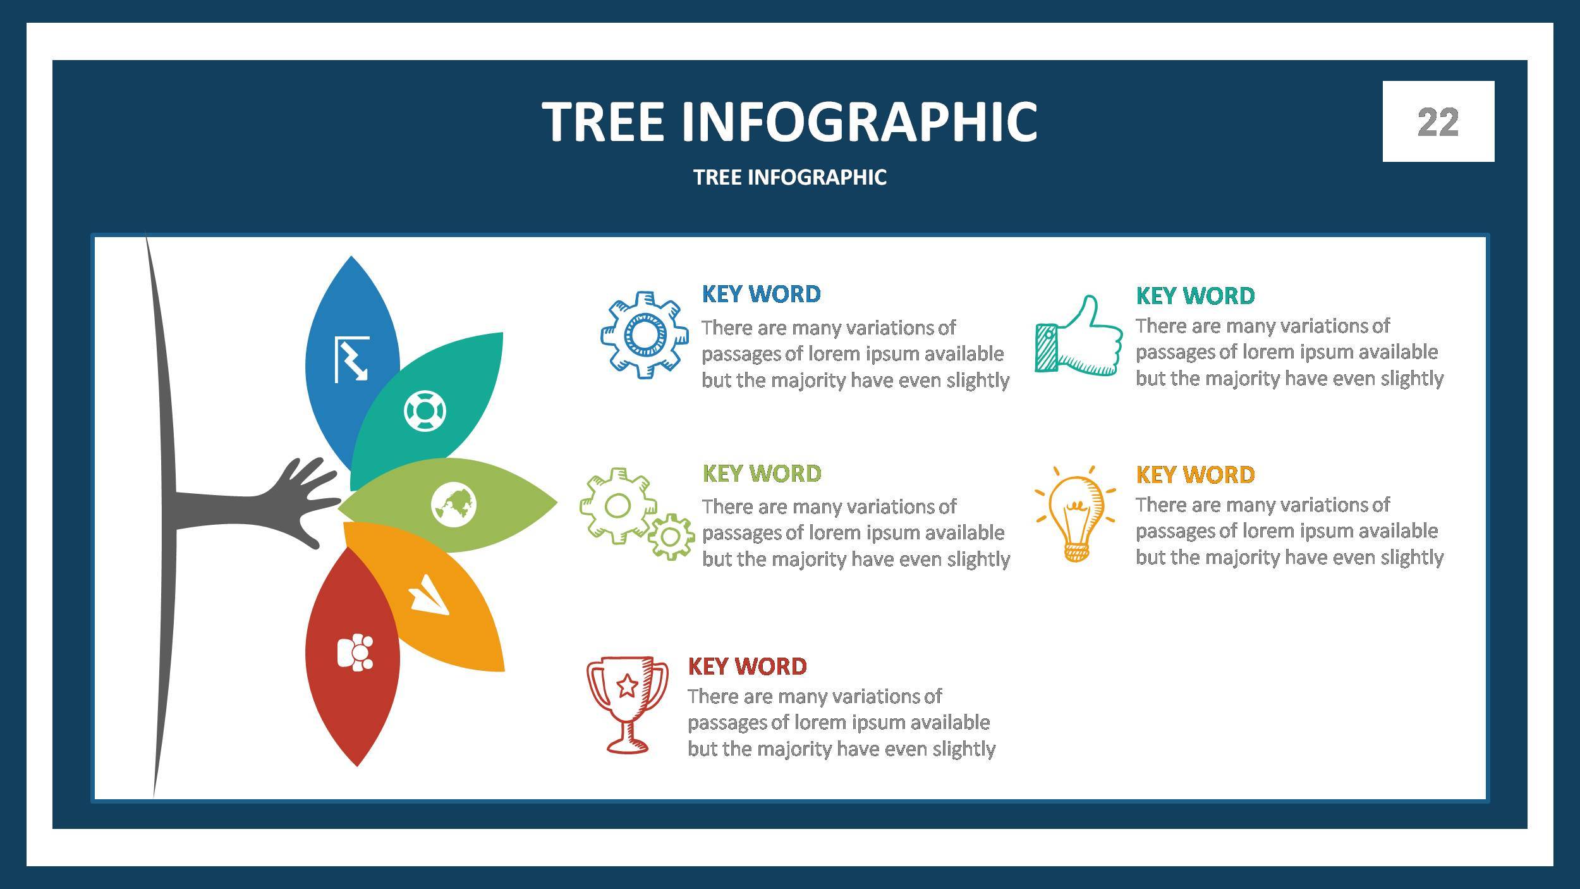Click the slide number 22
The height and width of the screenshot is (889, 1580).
point(1438,122)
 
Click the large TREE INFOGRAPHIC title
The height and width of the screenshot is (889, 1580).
point(789,121)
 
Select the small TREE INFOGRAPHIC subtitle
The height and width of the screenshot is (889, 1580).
point(789,177)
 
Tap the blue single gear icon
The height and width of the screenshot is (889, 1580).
point(644,334)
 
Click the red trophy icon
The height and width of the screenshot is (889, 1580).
point(626,704)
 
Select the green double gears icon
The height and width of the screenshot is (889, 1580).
point(635,513)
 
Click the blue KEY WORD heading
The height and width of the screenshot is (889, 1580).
point(761,294)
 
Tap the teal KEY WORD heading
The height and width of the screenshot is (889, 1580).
point(1194,296)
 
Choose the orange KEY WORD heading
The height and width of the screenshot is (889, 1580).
point(1194,475)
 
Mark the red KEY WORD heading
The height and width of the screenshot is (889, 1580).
point(746,666)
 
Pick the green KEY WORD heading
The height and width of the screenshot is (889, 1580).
point(762,474)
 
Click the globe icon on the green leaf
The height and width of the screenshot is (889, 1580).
point(453,505)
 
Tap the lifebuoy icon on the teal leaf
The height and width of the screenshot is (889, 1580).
point(425,411)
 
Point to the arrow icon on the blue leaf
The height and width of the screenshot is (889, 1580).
point(351,359)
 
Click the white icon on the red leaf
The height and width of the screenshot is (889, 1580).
point(355,651)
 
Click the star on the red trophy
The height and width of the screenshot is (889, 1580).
point(626,684)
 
